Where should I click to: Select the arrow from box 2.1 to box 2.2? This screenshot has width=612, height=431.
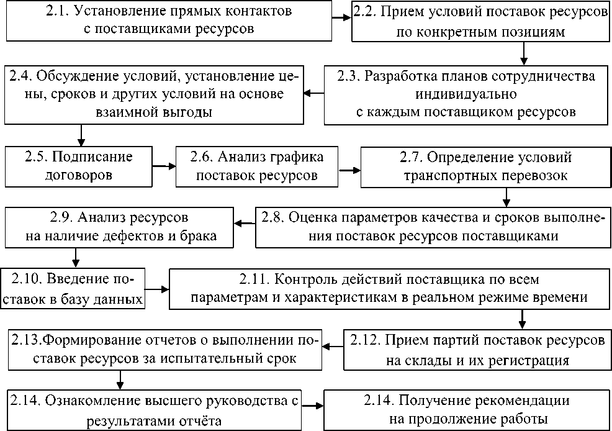(340, 17)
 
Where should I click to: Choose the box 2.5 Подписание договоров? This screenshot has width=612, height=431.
(79, 165)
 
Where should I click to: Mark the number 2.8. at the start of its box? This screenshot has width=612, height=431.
(275, 219)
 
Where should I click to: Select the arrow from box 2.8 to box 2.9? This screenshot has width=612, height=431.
(245, 220)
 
